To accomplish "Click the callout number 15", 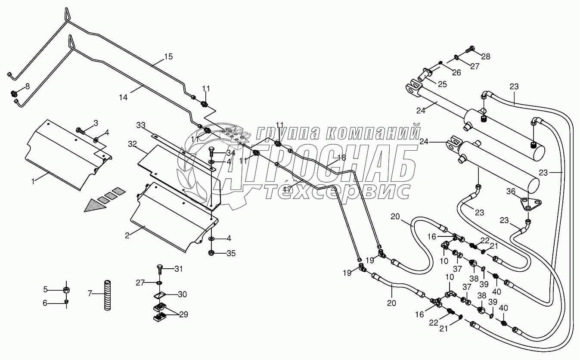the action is pyautogui.click(x=168, y=56).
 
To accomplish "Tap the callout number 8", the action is pyautogui.click(x=28, y=86).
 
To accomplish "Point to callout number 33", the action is pyautogui.click(x=141, y=125).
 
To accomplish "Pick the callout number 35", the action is pyautogui.click(x=231, y=253).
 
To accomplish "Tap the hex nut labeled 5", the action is pyautogui.click(x=67, y=289).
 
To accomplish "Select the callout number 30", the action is pyautogui.click(x=183, y=295).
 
